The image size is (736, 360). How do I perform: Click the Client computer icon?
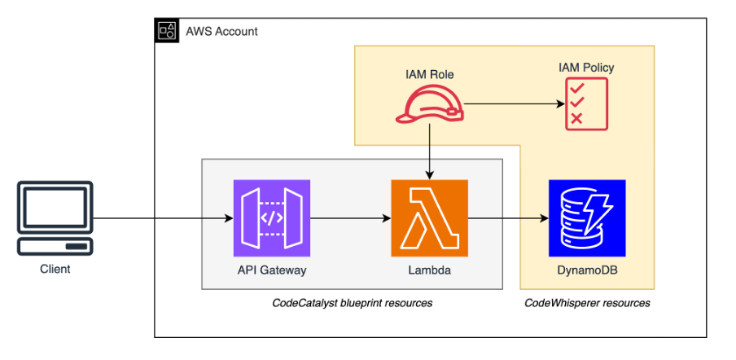point(55,217)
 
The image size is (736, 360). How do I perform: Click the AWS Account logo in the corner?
point(167,31)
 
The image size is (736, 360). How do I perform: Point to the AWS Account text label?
point(221,32)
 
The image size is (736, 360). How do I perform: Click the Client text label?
point(55,269)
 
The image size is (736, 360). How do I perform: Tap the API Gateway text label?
point(272,270)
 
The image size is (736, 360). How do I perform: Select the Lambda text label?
point(429,270)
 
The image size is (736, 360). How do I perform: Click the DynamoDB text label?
point(586,270)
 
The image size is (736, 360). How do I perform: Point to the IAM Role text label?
point(429,74)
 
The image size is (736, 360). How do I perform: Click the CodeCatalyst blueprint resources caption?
point(352,303)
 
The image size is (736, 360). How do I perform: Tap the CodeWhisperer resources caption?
point(587,303)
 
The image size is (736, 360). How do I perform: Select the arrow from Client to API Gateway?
point(163,218)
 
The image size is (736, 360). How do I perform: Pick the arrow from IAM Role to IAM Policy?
point(513,105)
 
